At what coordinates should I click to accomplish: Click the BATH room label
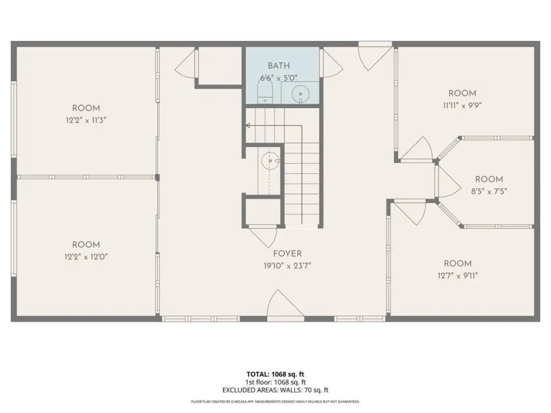[x=279, y=66]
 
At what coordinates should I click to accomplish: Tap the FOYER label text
[x=287, y=254]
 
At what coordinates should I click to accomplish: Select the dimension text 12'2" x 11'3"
[x=86, y=120]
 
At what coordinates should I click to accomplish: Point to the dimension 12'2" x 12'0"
[x=86, y=257]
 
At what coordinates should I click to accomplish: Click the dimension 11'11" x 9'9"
[x=462, y=105]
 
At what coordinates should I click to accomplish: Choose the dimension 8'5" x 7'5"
[x=489, y=191]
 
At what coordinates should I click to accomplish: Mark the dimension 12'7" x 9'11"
[x=457, y=276]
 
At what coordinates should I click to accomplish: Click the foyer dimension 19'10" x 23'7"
[x=287, y=266]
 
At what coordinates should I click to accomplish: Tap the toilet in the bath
[x=265, y=90]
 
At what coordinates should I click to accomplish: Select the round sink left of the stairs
[x=270, y=161]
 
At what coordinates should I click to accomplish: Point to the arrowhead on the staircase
[x=248, y=125]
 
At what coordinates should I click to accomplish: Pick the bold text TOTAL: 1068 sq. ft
[x=275, y=374]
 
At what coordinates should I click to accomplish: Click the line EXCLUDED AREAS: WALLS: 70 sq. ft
[x=275, y=390]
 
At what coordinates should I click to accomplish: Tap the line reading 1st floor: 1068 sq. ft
[x=275, y=382]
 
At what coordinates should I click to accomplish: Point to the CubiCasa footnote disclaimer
[x=275, y=401]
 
